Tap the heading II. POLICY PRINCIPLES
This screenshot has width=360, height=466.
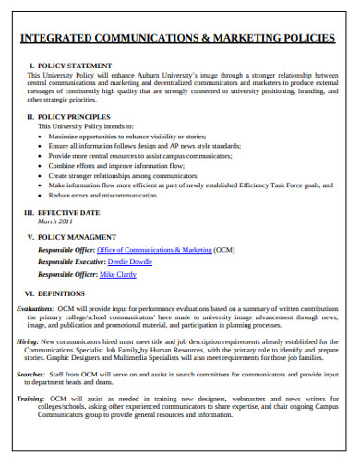coord(73,117)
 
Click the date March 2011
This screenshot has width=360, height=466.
coord(54,222)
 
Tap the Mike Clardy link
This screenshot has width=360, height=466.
coord(117,275)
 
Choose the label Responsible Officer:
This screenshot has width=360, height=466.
coord(66,275)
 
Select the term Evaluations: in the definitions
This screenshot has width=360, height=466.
coord(36,309)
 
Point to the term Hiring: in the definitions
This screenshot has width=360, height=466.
coord(28,341)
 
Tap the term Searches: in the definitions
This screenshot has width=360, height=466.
coord(31,374)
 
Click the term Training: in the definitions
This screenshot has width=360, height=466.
coord(31,398)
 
